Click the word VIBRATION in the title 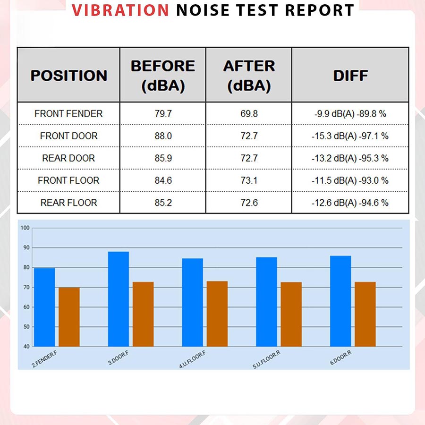120,10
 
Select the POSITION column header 68,76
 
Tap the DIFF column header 350,76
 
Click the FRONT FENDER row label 68,114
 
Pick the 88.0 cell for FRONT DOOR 163,136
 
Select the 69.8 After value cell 249,114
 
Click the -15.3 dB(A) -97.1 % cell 350,136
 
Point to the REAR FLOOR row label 68,203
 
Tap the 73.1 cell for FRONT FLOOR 249,180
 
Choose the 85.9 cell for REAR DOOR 163,158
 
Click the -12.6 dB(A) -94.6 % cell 350,203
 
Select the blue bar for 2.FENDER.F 44,307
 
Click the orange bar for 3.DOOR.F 143,314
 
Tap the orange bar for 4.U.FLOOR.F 217,314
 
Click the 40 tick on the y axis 26,347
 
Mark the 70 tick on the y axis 26,287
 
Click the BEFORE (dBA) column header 163,76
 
